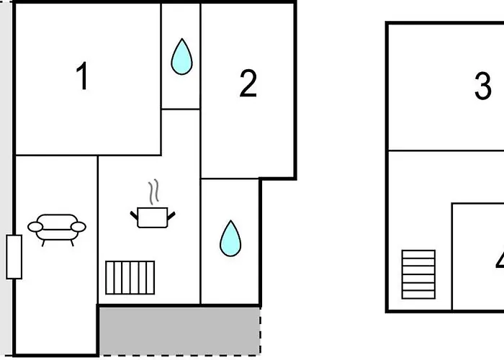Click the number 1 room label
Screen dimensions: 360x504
coord(83,76)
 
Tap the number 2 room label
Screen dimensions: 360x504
coord(248,84)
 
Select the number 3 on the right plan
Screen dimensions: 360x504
coord(482,86)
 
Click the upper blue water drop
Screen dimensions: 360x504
coord(181,56)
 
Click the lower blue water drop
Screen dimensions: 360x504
coord(230,238)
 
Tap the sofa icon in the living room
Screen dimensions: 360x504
coord(57,228)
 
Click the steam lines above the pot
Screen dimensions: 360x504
coord(153,193)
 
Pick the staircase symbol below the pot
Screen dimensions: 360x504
coord(130,277)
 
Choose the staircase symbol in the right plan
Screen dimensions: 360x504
coord(418,274)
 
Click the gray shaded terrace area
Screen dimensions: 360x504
coord(179,330)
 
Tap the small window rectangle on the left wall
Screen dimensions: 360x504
coord(14,256)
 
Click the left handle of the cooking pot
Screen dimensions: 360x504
coord(134,213)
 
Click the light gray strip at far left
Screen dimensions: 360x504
coord(5,180)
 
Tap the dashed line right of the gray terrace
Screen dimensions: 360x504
coord(260,331)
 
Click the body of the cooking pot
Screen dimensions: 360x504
coord(153,218)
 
